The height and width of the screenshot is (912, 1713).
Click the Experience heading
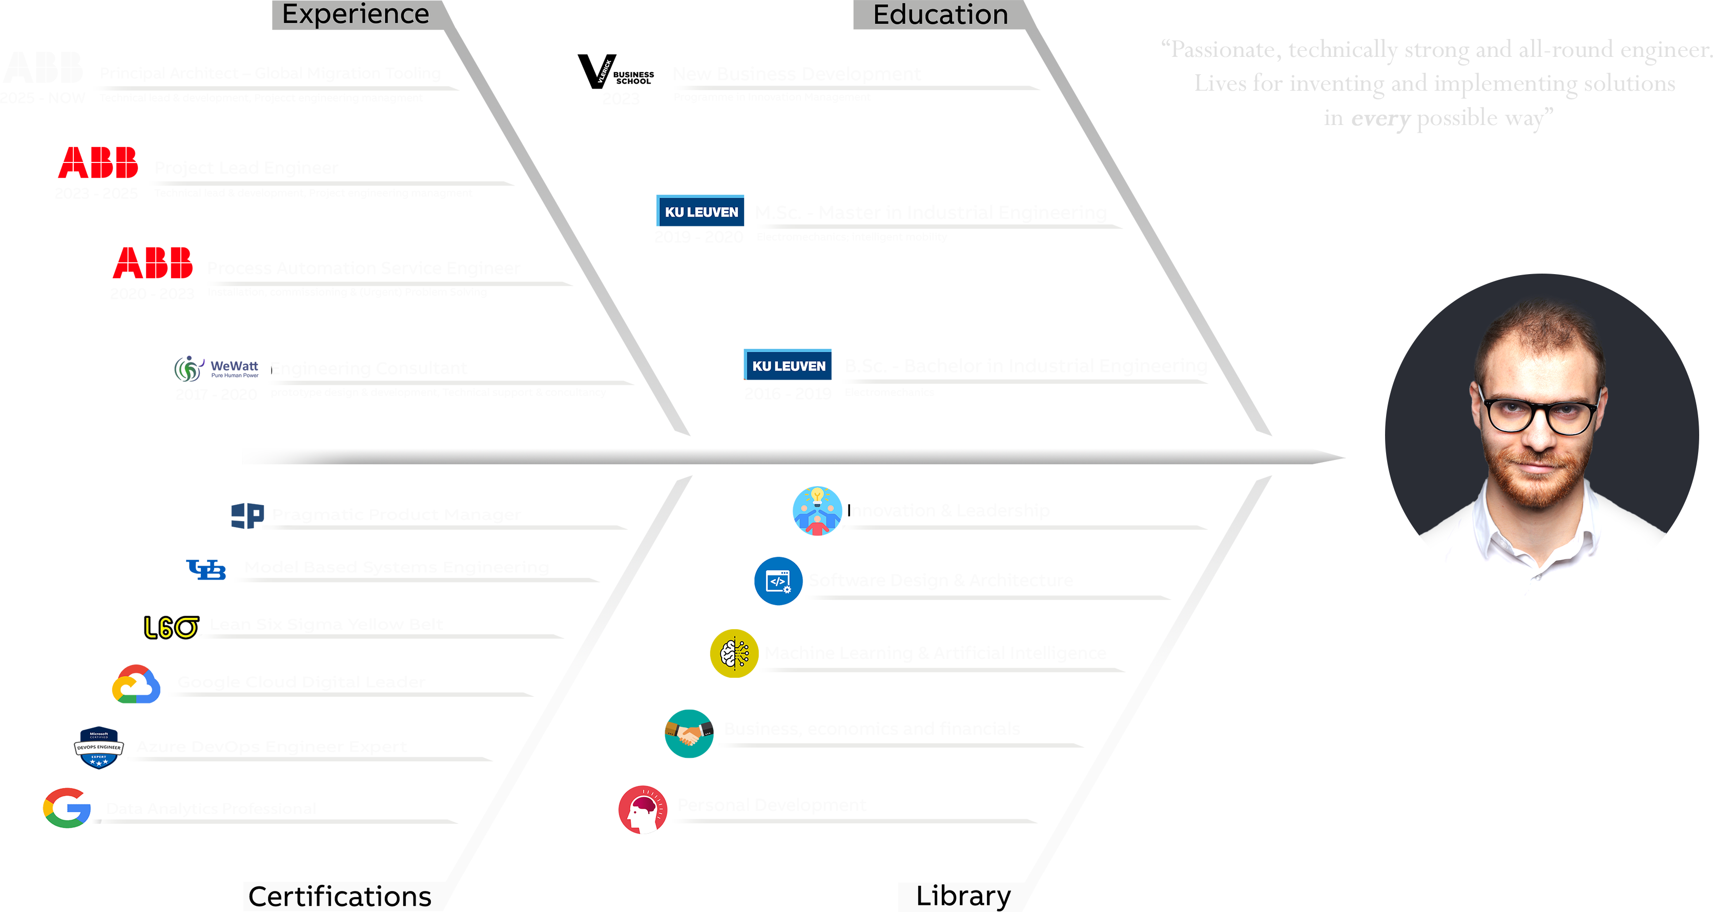[355, 14]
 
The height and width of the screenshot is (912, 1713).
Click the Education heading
[940, 15]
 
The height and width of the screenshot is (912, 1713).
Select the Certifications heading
[339, 896]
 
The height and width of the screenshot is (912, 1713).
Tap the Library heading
[963, 896]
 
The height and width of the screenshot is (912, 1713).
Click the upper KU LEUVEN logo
[701, 212]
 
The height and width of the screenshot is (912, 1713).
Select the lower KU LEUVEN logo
[789, 366]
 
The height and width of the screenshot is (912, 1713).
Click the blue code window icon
[777, 581]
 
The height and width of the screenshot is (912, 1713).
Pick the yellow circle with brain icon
[721, 649]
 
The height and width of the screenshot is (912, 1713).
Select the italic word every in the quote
[1380, 118]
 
